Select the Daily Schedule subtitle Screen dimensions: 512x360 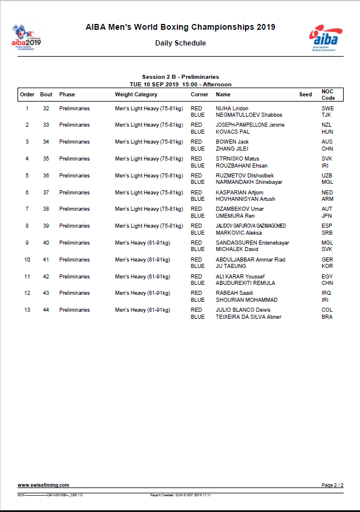pos(180,43)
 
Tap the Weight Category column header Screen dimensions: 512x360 pos(136,95)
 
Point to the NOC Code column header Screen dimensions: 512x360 pos(328,95)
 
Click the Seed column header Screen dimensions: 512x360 pos(306,95)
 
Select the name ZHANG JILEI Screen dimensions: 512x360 pos(231,149)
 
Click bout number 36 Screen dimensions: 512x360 pos(46,176)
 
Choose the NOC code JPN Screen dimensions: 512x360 pos(327,216)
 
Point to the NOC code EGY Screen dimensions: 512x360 pos(327,277)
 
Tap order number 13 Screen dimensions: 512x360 pos(27,310)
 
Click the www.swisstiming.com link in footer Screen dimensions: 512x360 pos(43,485)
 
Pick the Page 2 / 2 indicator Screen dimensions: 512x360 pos(333,485)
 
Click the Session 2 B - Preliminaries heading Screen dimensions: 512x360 pos(180,77)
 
